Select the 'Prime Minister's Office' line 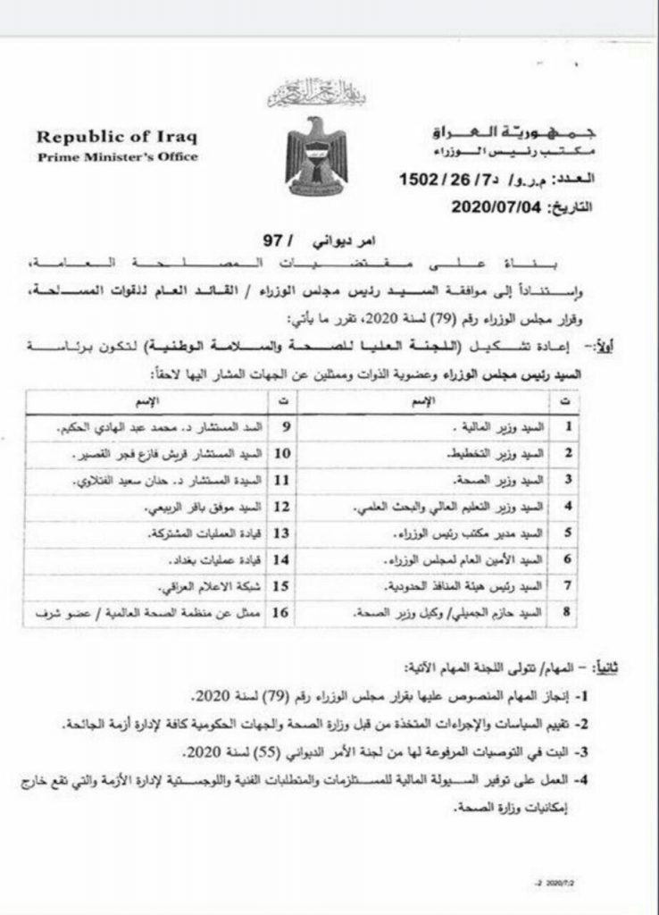pyautogui.click(x=116, y=157)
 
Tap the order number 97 pyautogui.click(x=271, y=240)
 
